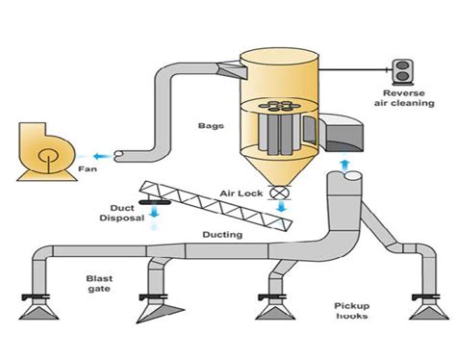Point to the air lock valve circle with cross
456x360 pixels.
coord(279,193)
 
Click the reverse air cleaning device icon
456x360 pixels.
coord(403,69)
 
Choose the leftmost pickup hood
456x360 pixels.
coord(36,310)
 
